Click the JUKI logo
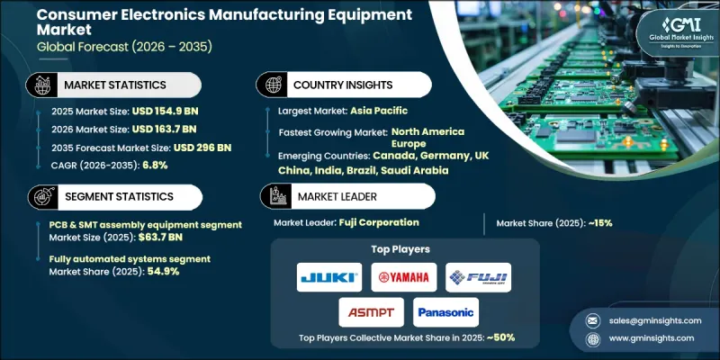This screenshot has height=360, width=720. click(x=328, y=277)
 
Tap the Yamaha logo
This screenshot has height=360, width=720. click(x=403, y=277)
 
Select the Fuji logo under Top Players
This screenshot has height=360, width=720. click(x=478, y=277)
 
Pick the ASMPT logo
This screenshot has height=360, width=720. click(x=366, y=311)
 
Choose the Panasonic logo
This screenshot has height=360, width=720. click(x=446, y=311)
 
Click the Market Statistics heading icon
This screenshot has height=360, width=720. click(x=39, y=84)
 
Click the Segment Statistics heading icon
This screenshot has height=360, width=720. click(x=39, y=196)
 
